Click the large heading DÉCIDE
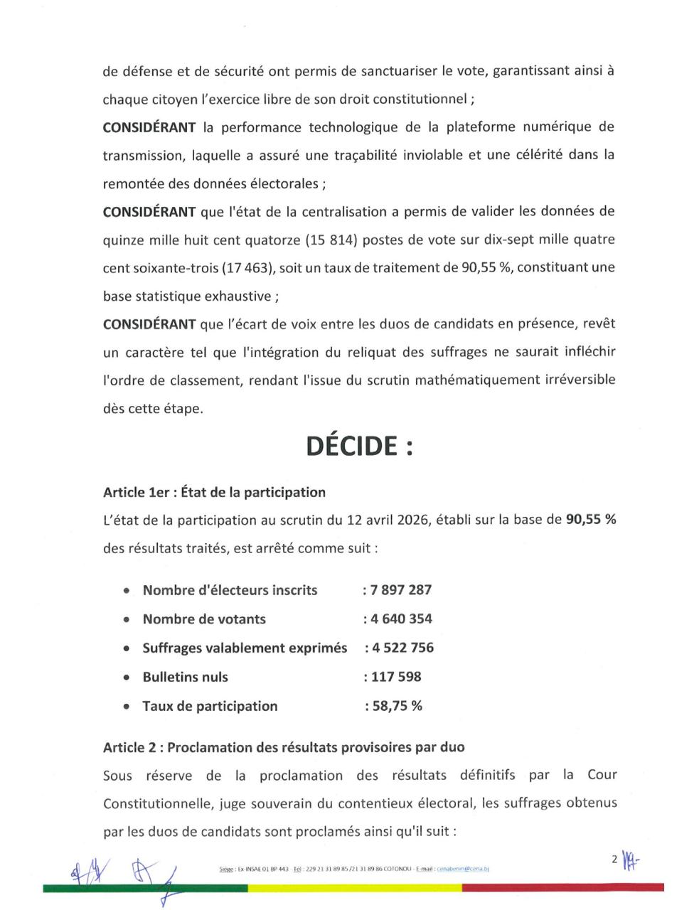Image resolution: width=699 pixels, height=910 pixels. click(x=359, y=446)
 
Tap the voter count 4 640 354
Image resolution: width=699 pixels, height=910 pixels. click(x=400, y=619)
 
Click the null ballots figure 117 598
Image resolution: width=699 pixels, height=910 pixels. click(x=395, y=677)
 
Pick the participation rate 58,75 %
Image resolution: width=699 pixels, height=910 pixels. click(x=395, y=706)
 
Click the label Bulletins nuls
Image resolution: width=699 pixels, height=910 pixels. click(x=185, y=677)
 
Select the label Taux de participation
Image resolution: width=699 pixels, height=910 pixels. click(x=210, y=706)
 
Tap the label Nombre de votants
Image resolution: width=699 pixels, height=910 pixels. click(x=204, y=619)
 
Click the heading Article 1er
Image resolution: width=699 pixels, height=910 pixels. click(x=214, y=492)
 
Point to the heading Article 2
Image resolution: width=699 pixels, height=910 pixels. click(x=284, y=747)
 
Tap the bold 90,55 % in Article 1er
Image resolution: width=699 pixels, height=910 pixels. click(x=590, y=520)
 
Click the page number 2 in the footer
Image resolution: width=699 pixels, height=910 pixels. click(x=614, y=859)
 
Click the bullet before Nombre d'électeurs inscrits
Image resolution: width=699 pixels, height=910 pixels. click(x=127, y=591)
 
